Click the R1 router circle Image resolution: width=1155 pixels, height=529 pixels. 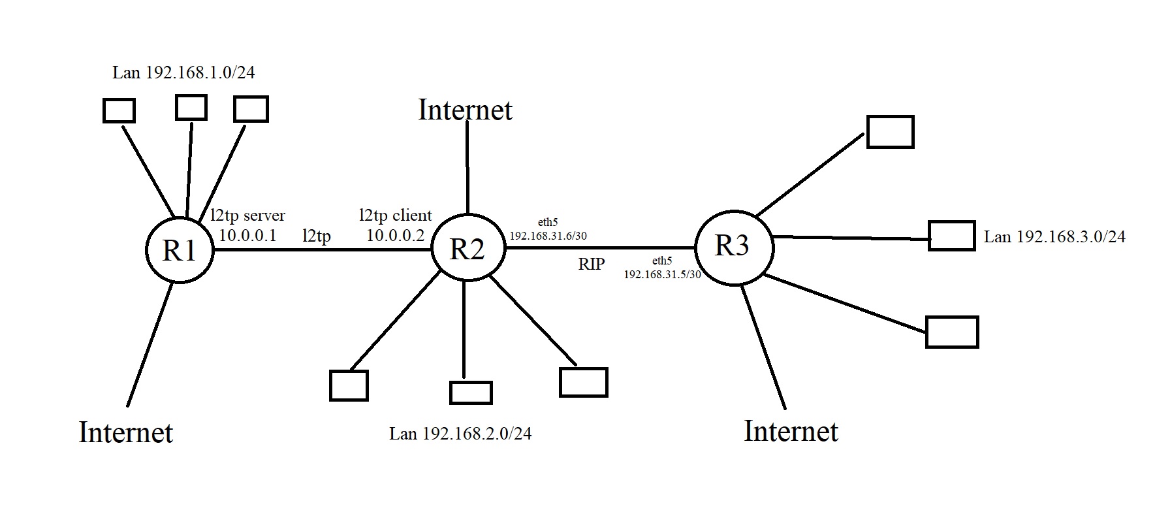point(179,250)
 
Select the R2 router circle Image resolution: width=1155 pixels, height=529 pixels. point(467,249)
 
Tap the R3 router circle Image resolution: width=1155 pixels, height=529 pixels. point(733,246)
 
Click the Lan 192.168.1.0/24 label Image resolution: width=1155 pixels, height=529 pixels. point(183,72)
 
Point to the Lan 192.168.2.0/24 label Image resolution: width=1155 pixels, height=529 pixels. point(460,434)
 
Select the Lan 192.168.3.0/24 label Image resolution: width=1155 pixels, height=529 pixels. point(1054,236)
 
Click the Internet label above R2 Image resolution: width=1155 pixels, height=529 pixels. point(465,110)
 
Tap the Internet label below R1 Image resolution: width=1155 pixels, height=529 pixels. point(126,432)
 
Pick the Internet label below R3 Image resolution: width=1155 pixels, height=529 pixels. point(791,431)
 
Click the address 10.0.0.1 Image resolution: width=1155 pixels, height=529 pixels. point(247,235)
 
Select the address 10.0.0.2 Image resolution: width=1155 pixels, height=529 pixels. point(396,235)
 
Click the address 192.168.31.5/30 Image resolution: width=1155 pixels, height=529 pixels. point(662,275)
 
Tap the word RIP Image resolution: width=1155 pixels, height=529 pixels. point(592,264)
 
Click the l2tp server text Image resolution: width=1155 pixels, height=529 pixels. point(247,215)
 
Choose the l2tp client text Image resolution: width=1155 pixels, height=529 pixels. point(396,214)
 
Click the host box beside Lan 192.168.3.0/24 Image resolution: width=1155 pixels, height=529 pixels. point(951,236)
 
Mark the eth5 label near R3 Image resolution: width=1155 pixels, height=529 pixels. point(662,261)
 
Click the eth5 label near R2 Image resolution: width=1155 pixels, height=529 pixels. point(547,223)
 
